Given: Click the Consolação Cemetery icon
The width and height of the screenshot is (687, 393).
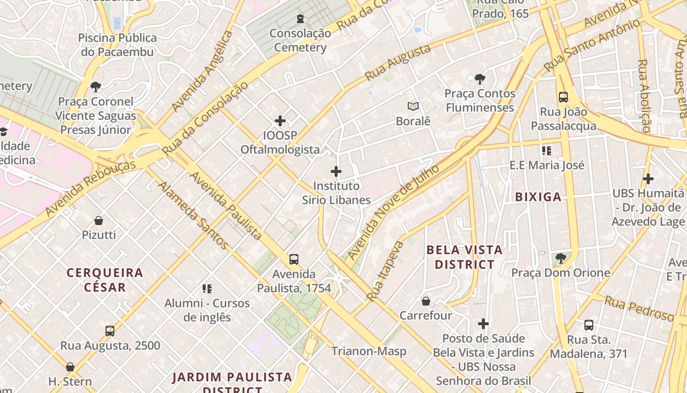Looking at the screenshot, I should coord(300,19).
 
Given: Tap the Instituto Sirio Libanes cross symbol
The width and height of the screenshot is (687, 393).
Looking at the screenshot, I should coord(336,171).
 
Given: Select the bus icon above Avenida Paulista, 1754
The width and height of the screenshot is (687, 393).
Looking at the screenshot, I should coord(294,259).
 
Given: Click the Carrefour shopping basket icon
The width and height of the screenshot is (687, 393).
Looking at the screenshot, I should coord(426,301).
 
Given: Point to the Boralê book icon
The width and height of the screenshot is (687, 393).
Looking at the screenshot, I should coord(413,106).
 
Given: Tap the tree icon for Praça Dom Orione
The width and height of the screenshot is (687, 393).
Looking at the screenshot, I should coord(560,258).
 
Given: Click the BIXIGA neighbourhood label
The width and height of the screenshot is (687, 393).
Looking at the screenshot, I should coord(538,197).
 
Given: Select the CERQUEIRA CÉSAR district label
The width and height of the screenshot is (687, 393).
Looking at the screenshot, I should coord(105,280).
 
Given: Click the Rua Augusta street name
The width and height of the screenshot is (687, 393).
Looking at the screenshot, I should coord(398,62).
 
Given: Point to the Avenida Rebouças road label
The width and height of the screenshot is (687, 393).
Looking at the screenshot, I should coord(90,188).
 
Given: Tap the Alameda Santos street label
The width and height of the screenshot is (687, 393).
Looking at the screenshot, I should coord(193,215).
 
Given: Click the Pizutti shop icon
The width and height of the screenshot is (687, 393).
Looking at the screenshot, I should coord(99,221).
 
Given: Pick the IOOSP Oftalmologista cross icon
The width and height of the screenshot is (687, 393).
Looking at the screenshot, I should coord(280,121).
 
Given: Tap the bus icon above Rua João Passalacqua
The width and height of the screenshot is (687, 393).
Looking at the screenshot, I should coord(563,97).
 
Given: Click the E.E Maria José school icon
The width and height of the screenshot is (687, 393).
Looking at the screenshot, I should coord(547,150).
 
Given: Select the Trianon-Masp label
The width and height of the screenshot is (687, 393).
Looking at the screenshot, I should coord(369,351).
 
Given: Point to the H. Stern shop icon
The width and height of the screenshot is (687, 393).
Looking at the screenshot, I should coord(70,367).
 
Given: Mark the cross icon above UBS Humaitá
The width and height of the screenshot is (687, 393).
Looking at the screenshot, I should coord(648,179).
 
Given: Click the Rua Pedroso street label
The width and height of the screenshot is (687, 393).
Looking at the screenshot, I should coord(639,309).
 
